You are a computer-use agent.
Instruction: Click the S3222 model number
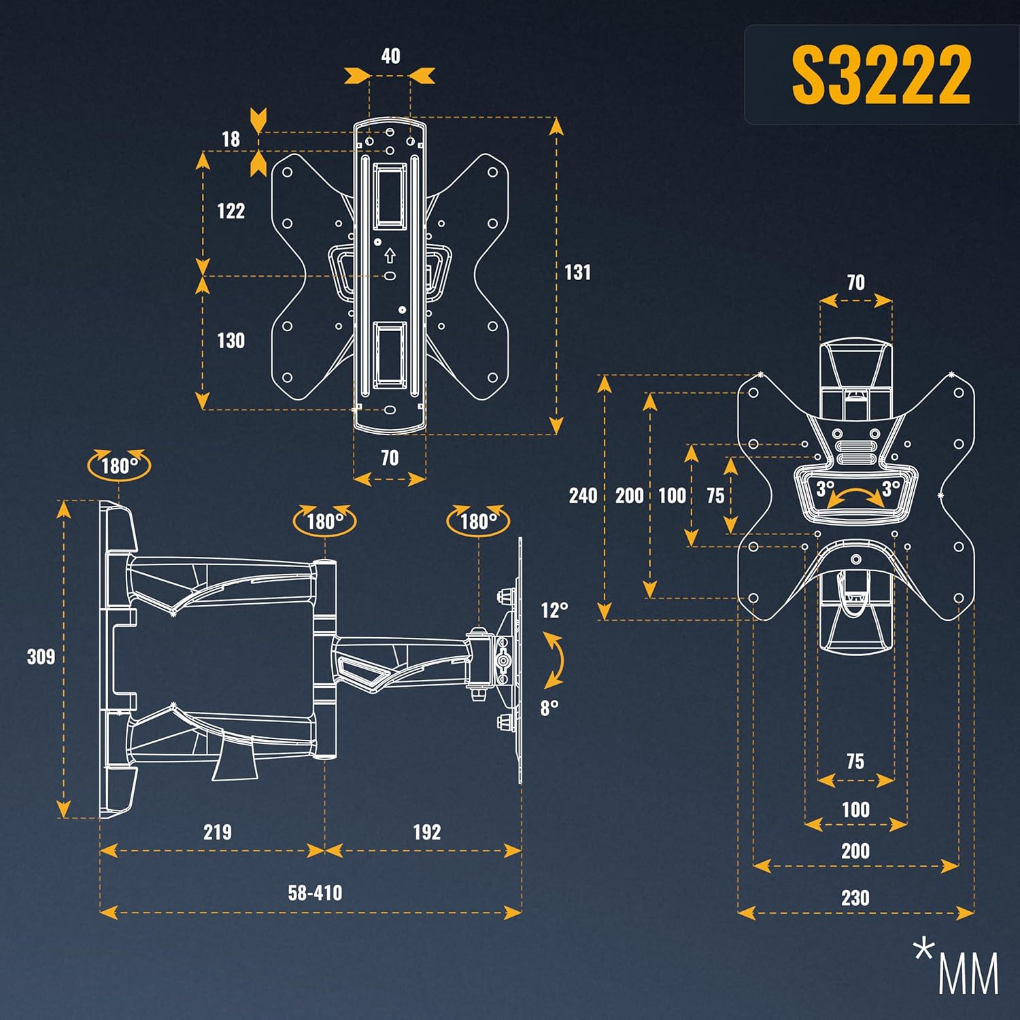(881, 75)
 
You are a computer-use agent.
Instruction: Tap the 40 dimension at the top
(390, 56)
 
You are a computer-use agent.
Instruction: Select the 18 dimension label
(231, 139)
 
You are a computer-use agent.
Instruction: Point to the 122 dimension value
(231, 211)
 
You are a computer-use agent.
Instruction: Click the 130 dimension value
(231, 341)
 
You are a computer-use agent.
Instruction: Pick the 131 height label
(577, 273)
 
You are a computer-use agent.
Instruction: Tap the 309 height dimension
(41, 657)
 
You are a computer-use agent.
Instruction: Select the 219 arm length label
(217, 832)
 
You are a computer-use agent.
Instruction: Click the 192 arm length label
(426, 832)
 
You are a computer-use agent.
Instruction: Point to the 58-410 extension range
(315, 893)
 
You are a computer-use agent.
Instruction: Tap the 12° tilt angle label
(554, 611)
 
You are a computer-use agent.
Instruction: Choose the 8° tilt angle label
(549, 709)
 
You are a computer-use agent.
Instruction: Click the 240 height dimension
(583, 496)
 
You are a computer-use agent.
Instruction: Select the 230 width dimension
(855, 898)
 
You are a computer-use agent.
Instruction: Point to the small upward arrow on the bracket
(390, 256)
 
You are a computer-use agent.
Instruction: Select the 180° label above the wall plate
(119, 466)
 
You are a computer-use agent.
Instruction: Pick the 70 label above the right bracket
(855, 283)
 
